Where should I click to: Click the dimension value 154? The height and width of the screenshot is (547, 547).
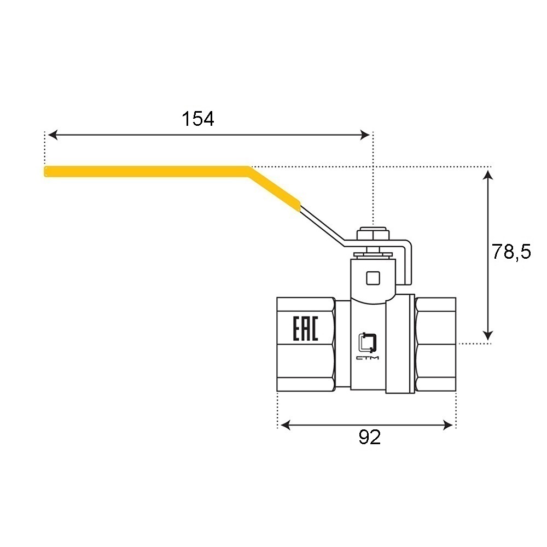point(198,119)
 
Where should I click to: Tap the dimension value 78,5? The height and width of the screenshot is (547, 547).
point(511,252)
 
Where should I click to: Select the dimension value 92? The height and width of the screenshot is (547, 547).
point(369,437)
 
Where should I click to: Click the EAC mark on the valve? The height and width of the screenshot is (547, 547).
point(305,328)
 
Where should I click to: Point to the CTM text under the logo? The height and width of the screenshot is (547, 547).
point(368,358)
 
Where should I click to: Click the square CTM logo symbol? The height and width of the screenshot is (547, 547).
point(368,342)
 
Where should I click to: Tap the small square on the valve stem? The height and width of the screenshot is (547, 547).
point(373,278)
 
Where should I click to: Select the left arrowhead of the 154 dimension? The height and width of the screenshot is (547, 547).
point(53,135)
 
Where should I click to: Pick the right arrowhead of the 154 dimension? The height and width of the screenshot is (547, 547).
point(364,135)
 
